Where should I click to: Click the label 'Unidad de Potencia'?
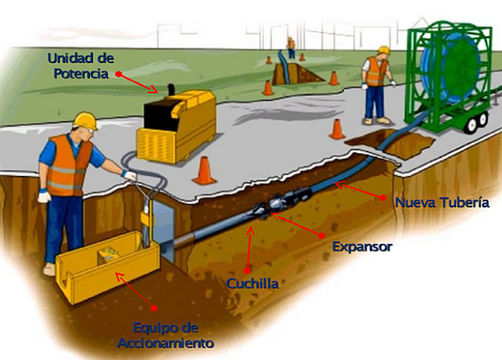click(80, 66)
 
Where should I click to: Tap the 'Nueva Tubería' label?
click(442, 203)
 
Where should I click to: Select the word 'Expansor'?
click(362, 246)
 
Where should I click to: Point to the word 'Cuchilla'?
click(252, 284)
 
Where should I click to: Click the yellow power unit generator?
click(177, 126)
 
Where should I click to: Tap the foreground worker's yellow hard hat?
click(85, 120)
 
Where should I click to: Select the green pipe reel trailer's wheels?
click(477, 122)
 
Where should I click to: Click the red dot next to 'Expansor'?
click(322, 236)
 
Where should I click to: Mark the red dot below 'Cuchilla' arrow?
click(247, 271)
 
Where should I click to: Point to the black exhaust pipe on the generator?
click(172, 89)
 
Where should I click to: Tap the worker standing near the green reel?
click(377, 85)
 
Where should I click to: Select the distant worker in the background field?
click(290, 48)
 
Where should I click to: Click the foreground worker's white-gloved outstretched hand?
click(129, 175)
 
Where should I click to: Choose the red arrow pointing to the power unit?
click(139, 84)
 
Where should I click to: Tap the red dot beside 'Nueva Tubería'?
click(383, 198)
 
